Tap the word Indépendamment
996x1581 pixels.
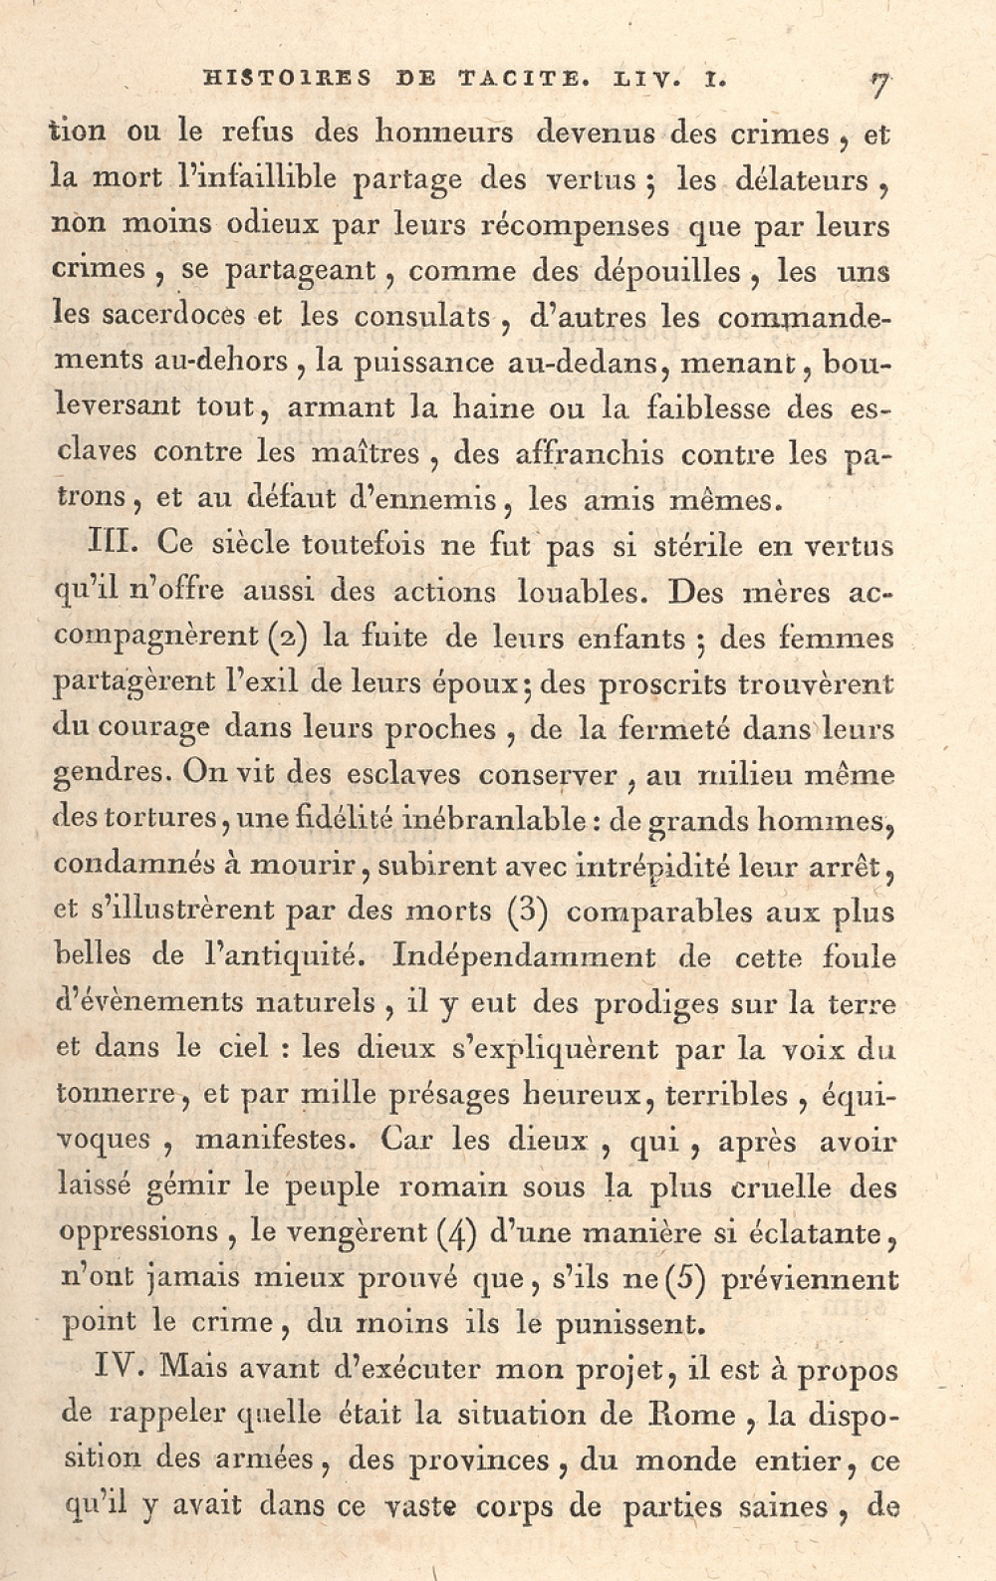pyautogui.click(x=524, y=957)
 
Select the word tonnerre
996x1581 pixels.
pyautogui.click(x=119, y=1094)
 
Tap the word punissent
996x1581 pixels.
pyautogui.click(x=626, y=1324)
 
